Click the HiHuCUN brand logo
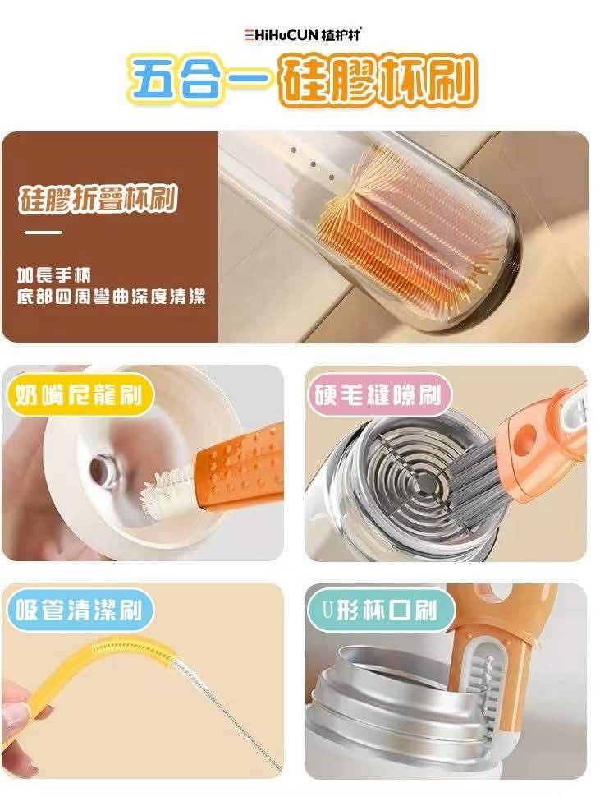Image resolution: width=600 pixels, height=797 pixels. (303, 35)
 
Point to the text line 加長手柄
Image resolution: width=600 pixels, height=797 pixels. (53, 275)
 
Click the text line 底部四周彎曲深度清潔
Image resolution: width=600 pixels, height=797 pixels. (111, 297)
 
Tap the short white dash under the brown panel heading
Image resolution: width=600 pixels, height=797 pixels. (44, 233)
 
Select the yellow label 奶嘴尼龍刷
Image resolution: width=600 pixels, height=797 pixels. (79, 395)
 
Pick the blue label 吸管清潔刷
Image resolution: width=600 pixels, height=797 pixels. (78, 610)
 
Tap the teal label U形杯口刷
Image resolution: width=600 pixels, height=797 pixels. (380, 610)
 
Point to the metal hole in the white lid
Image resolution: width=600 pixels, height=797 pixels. (104, 470)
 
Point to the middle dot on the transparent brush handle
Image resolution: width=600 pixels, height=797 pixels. (313, 164)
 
